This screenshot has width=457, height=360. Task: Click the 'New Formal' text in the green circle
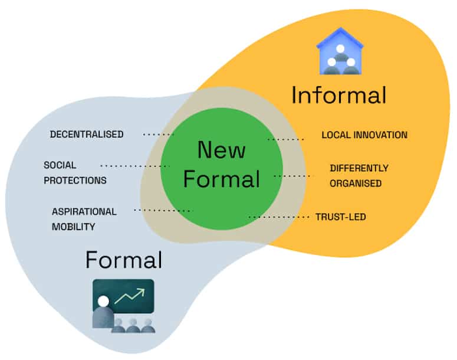(x=221, y=164)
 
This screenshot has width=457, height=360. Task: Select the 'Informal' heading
(x=338, y=95)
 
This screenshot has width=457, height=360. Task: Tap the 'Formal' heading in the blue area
(x=123, y=259)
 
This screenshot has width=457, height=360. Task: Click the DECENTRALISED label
(x=87, y=135)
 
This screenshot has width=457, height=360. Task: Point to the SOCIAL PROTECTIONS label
(x=75, y=172)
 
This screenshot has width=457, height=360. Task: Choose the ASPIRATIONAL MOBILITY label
(x=84, y=218)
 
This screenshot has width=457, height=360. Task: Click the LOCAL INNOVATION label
(x=364, y=135)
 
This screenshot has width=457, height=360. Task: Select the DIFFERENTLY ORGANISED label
(x=359, y=176)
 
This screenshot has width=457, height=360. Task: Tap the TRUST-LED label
(x=340, y=217)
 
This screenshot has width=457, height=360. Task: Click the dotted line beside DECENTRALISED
(x=159, y=135)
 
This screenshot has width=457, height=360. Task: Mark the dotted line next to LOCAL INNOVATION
(x=285, y=140)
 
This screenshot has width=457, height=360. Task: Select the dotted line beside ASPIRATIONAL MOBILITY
(x=163, y=210)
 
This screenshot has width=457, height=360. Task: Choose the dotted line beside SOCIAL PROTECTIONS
(x=135, y=166)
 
